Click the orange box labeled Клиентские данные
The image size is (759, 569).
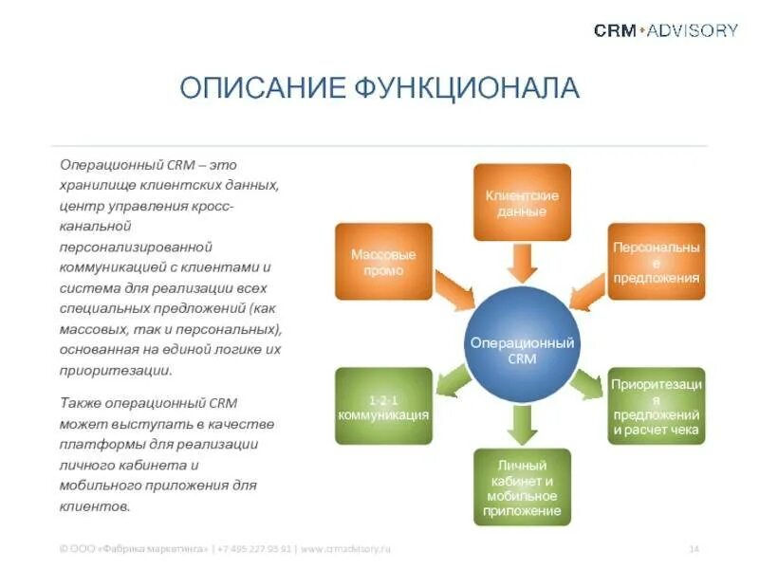pos(522,202)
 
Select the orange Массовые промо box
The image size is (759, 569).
pos(383,262)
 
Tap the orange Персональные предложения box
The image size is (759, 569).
pos(657,262)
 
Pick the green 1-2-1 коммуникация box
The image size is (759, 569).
pos(383,406)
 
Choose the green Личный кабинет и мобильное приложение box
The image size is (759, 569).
pos(522,486)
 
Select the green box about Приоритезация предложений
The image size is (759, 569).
pos(657,406)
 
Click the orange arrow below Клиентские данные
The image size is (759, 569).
pos(522,263)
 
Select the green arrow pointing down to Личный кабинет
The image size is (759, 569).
pos(522,424)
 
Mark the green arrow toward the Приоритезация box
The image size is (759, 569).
pos(586,383)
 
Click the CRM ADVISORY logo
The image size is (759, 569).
pos(665,30)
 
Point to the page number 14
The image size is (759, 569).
pos(694,548)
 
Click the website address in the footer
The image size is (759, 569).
pos(346,548)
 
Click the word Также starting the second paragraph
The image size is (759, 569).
pos(79,402)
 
